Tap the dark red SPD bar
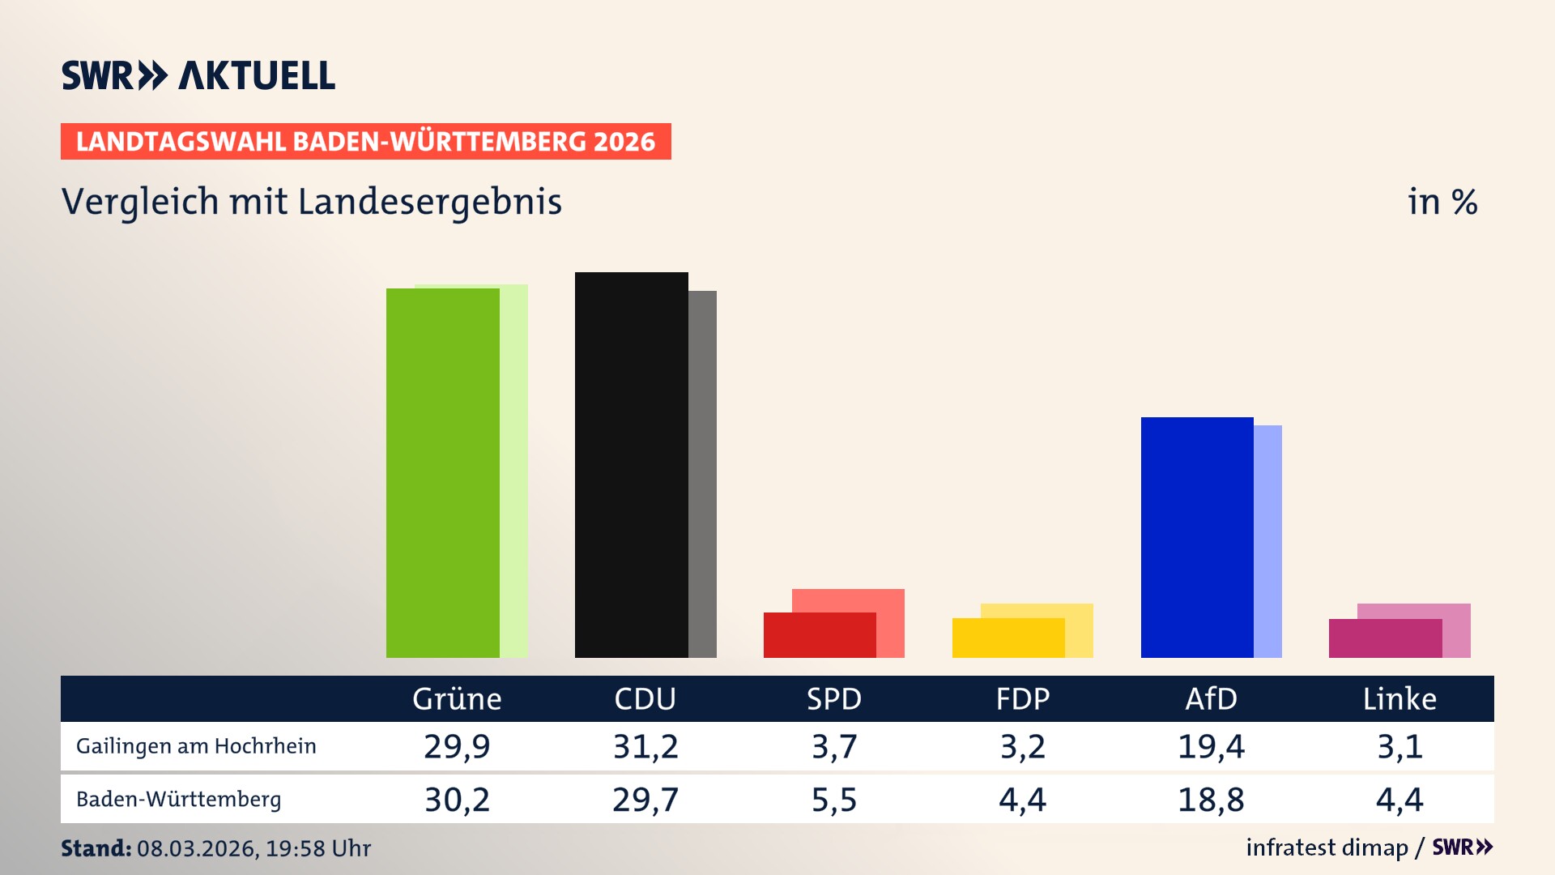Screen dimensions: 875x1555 tap(820, 635)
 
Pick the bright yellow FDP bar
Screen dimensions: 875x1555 tap(1008, 638)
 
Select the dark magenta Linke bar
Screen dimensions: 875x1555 tap(1385, 638)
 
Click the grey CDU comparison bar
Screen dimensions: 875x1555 tap(702, 474)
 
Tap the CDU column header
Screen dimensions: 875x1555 tap(645, 698)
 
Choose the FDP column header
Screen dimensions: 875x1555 tap(1022, 698)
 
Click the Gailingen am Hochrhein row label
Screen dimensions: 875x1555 tap(196, 746)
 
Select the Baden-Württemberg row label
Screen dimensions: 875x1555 tap(178, 800)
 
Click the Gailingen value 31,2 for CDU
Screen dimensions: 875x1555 tap(645, 746)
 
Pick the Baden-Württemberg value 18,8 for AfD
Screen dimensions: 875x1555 tap(1210, 800)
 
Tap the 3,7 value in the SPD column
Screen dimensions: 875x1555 tap(833, 746)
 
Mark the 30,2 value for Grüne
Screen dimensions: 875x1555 tap(457, 800)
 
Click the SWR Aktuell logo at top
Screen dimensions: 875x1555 tap(198, 75)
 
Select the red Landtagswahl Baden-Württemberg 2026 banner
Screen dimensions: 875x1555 tap(365, 141)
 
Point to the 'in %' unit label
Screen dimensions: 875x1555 tap(1442, 202)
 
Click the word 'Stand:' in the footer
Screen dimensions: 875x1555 tap(96, 848)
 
